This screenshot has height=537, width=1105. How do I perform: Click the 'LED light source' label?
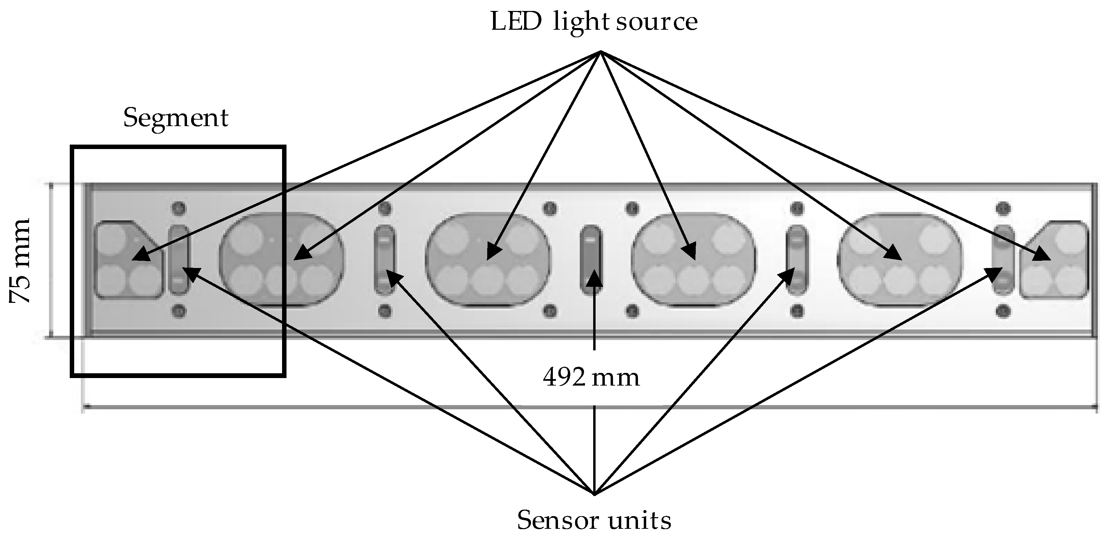pyautogui.click(x=594, y=22)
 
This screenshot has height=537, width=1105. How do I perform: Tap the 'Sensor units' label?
pyautogui.click(x=594, y=520)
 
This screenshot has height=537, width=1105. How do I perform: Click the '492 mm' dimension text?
pyautogui.click(x=591, y=378)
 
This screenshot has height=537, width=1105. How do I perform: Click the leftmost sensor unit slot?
pyautogui.click(x=178, y=260)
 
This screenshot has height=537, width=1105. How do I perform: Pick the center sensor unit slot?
pyautogui.click(x=591, y=260)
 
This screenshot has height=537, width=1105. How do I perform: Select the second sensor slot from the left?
pyautogui.click(x=385, y=260)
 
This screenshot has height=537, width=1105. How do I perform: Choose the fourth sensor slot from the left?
pyautogui.click(x=797, y=260)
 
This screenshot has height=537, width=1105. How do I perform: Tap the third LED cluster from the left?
pyautogui.click(x=488, y=260)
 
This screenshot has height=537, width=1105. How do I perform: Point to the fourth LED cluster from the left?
pyautogui.click(x=694, y=260)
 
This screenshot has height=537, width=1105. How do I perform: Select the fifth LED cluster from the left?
pyautogui.click(x=900, y=260)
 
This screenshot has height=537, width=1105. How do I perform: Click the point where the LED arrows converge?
pyautogui.click(x=601, y=52)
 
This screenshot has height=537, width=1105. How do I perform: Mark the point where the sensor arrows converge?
pyautogui.click(x=594, y=494)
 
